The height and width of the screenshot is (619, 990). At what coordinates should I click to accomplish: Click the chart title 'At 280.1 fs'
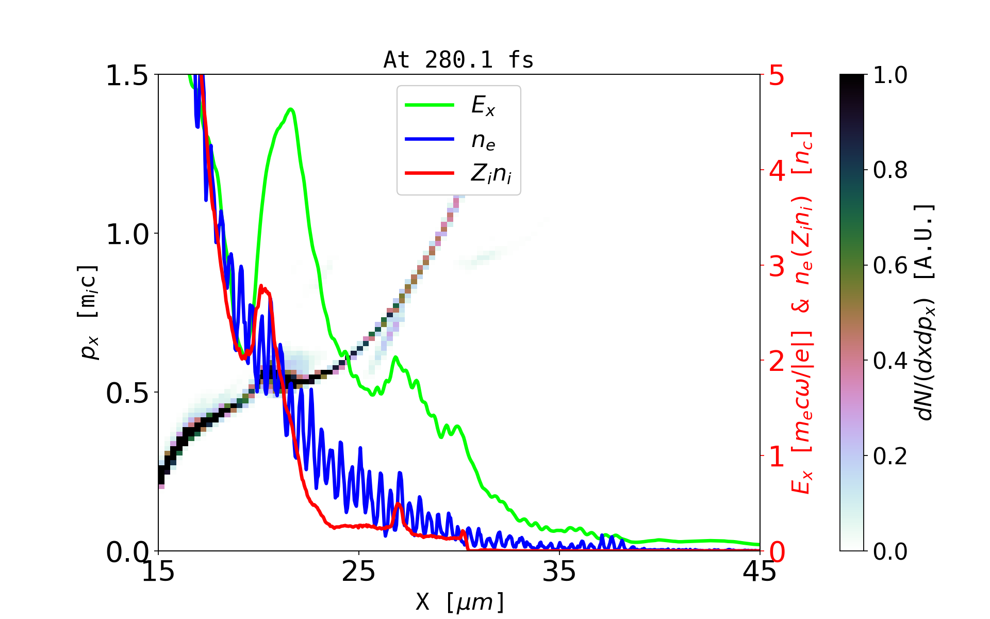click(x=458, y=60)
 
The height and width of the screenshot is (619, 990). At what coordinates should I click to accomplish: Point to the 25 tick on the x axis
click(x=358, y=572)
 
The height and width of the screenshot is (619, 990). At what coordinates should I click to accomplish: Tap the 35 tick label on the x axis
click(x=559, y=572)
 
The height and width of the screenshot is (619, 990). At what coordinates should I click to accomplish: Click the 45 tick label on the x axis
click(x=760, y=572)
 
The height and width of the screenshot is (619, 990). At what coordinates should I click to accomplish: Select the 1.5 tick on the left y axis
click(x=127, y=75)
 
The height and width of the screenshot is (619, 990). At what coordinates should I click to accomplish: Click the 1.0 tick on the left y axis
click(x=127, y=234)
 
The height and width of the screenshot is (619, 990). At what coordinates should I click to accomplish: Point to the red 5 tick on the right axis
click(x=777, y=76)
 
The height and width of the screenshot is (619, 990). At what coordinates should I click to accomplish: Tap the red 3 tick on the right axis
click(x=777, y=266)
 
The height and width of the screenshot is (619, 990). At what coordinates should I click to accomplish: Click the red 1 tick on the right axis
click(x=777, y=457)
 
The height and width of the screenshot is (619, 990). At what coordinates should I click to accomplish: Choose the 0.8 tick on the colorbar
click(x=890, y=170)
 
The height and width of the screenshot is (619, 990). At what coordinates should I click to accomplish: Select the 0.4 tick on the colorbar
click(x=890, y=361)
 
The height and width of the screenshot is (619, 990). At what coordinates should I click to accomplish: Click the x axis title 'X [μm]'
click(x=459, y=601)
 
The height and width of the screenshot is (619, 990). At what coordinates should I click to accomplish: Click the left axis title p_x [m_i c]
click(x=89, y=312)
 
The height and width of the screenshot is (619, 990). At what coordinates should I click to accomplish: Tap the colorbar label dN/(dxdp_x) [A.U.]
click(x=925, y=312)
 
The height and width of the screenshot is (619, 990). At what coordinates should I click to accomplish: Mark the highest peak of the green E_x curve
click(x=291, y=109)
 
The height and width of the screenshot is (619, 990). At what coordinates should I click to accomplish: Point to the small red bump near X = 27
click(x=398, y=504)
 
